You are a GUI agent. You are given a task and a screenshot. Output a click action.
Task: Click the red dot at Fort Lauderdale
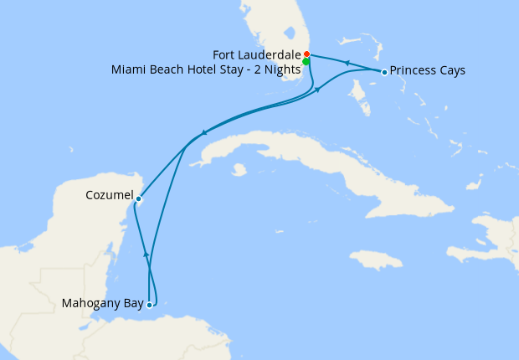point(306,54)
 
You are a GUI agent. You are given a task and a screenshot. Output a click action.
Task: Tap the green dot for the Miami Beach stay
point(306,61)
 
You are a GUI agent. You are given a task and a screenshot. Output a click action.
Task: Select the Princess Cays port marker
point(384,72)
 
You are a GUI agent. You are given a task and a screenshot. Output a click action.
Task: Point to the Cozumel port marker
point(139,198)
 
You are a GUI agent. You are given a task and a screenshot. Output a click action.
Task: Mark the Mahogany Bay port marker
point(149,305)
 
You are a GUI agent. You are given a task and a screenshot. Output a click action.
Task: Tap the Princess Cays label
point(427,71)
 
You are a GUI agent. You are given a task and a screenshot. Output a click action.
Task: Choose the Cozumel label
point(109,195)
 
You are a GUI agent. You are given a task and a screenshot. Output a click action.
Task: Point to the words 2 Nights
point(277,69)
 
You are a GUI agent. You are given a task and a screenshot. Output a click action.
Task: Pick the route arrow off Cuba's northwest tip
point(204,133)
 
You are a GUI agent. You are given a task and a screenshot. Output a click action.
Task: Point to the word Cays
point(450,71)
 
